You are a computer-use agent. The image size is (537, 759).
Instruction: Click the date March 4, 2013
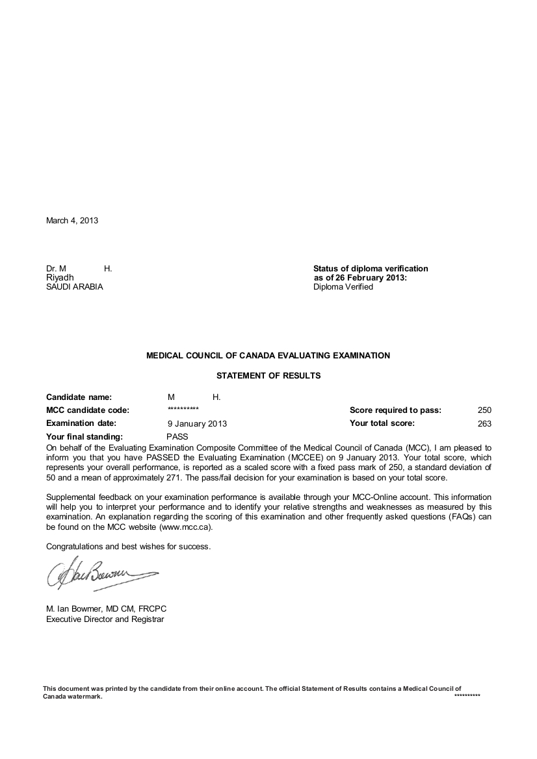72,220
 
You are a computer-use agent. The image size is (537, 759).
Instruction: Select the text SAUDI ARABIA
74,286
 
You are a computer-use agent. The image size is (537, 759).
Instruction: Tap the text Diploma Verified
343,286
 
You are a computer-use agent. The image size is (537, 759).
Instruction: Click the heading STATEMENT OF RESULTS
268,375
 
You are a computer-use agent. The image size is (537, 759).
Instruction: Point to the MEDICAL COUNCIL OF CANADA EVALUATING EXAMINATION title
268,356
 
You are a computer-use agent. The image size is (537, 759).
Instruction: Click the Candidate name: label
79,397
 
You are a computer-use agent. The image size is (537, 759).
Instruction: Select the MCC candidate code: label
88,410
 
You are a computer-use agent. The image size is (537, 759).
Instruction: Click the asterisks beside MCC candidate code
183,409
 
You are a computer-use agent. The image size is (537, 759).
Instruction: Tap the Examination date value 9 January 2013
197,423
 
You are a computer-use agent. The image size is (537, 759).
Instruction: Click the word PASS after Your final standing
177,436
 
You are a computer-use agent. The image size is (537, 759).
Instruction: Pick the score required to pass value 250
484,410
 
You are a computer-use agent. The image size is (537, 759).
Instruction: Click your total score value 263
484,423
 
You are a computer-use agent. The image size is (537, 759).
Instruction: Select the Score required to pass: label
395,410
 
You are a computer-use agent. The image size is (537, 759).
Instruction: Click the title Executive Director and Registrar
105,619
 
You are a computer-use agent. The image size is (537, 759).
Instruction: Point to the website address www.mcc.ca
185,527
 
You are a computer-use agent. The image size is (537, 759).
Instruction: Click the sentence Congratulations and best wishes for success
128,546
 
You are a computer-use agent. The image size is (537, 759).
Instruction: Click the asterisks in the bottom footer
467,695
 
